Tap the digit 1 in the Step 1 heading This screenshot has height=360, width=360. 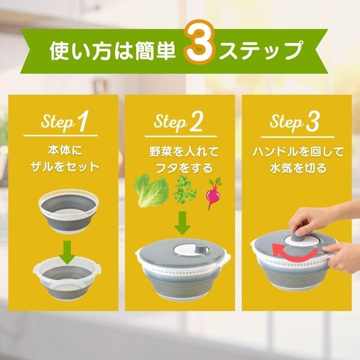[x=83, y=121]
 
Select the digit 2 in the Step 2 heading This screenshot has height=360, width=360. [x=196, y=122]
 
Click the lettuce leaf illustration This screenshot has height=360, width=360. [x=151, y=190]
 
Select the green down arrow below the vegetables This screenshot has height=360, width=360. [x=182, y=223]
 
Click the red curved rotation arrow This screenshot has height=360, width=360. [x=295, y=252]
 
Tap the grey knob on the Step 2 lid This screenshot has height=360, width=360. [x=200, y=248]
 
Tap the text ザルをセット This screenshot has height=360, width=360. [x=65, y=167]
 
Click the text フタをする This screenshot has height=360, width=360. [x=184, y=168]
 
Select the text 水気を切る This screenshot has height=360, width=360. [x=298, y=168]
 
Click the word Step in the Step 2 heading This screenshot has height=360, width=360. [x=171, y=122]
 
